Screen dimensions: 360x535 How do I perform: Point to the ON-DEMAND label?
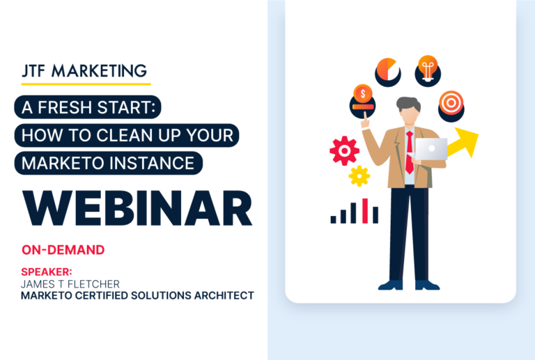click(x=63, y=249)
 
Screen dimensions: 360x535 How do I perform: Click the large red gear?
click(x=344, y=150)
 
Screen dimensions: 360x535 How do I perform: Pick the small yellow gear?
click(x=359, y=175)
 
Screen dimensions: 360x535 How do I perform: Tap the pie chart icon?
click(x=387, y=70)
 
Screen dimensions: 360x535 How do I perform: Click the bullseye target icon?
click(x=451, y=103)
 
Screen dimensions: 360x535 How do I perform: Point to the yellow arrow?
click(x=464, y=143)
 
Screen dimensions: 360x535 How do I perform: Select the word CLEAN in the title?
click(x=124, y=136)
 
